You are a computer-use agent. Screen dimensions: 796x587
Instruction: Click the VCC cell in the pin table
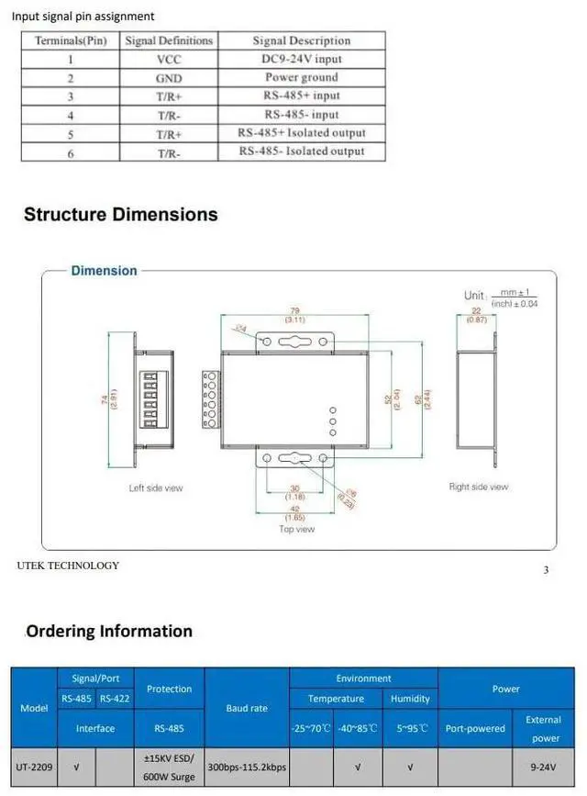[169, 60]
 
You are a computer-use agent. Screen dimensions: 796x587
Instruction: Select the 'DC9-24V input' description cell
[302, 60]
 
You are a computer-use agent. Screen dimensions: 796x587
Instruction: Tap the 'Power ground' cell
[302, 78]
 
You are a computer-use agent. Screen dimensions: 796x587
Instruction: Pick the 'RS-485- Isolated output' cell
[302, 151]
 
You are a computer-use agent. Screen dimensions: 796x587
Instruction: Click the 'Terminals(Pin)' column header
[71, 40]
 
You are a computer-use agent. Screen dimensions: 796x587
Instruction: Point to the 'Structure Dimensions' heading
[121, 215]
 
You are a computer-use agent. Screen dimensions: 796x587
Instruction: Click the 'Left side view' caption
[156, 488]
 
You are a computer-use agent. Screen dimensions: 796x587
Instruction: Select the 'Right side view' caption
[479, 487]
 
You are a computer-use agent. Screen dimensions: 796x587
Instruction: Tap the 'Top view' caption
[296, 530]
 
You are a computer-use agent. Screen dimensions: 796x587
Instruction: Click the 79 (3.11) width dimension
[294, 316]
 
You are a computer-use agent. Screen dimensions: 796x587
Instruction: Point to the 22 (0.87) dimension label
[477, 315]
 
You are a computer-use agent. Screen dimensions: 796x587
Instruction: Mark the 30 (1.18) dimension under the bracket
[294, 493]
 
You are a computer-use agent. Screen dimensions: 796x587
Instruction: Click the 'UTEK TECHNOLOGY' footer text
[68, 566]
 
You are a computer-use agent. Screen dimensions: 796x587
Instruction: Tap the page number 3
[546, 570]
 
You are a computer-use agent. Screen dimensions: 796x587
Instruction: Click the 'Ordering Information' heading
[109, 631]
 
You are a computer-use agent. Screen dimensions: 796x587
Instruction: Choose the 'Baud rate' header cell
[247, 708]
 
